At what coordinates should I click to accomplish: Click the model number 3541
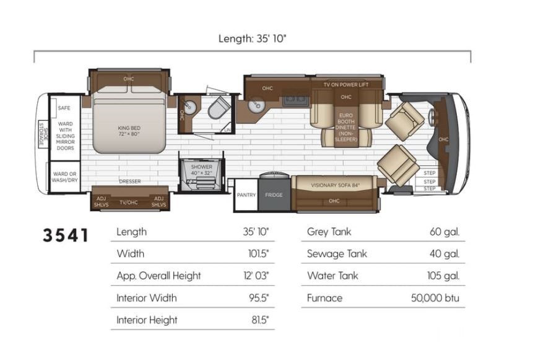66,235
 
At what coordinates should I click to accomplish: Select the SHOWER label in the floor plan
202,167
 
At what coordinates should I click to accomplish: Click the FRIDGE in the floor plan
274,195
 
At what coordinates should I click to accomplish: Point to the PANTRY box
246,195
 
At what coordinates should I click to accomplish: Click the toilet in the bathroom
219,107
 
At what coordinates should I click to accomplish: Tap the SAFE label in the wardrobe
64,108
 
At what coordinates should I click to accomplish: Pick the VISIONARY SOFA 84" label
335,185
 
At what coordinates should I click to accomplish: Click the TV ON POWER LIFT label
346,84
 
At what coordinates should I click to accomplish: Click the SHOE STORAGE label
43,133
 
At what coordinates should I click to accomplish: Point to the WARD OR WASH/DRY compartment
65,177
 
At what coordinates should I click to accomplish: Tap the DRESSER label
130,181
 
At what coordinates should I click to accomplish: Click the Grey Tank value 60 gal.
445,232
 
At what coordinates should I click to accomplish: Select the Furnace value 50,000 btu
435,298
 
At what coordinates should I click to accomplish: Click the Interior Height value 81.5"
260,320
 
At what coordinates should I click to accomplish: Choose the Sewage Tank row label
337,254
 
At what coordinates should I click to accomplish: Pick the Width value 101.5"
258,254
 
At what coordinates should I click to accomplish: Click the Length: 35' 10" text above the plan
253,38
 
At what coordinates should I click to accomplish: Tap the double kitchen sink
296,100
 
